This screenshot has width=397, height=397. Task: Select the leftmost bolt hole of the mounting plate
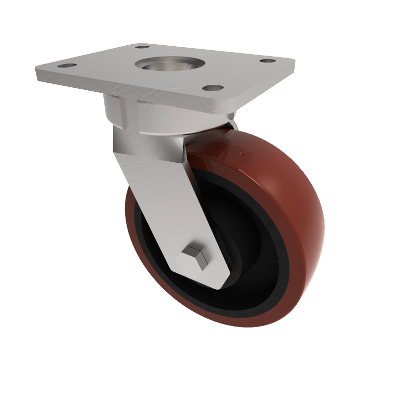(x=66, y=66)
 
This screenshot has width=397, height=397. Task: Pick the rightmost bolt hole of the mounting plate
(x=268, y=61)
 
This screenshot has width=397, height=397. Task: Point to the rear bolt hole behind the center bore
(x=142, y=47)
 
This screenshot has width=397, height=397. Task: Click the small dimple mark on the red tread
(x=243, y=155)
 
